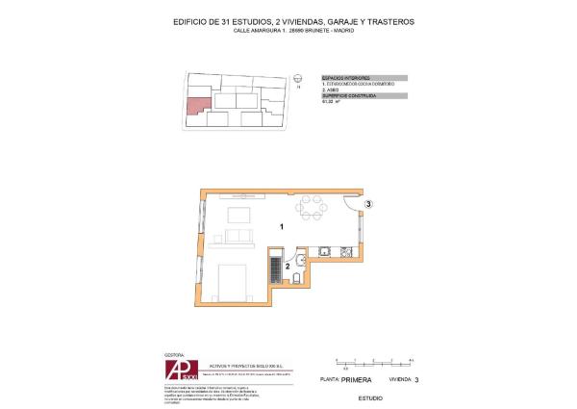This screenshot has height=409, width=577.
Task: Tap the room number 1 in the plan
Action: pos(280,228)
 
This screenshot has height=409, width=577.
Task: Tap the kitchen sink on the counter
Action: pos(324,253)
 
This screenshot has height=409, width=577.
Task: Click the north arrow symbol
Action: pos(299,80)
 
